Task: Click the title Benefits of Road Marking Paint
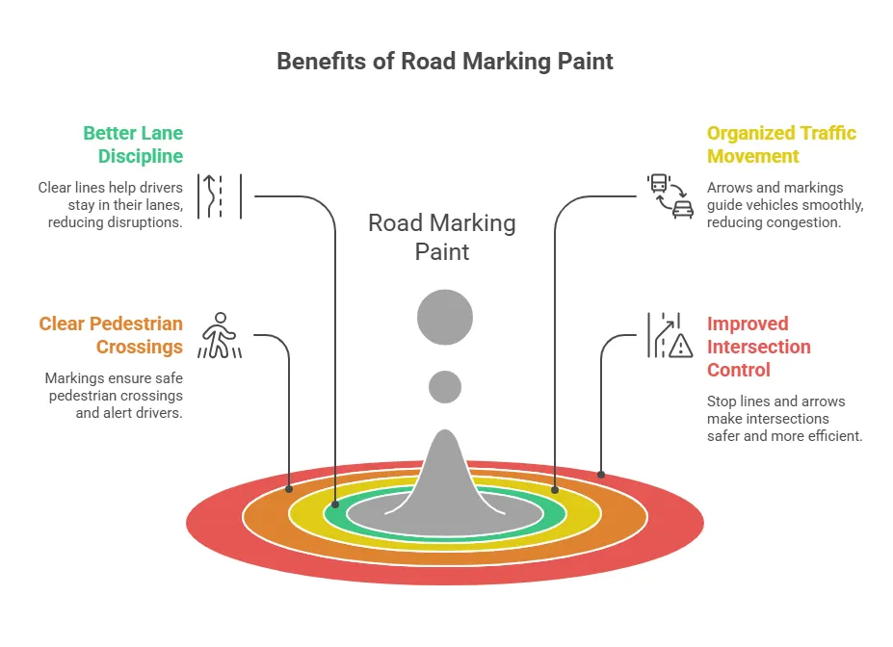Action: pos(445,62)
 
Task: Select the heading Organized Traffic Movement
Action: pos(781,144)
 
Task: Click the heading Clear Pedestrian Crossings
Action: pos(111,335)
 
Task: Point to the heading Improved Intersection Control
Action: pos(758,347)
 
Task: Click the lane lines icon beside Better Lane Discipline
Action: pos(219,196)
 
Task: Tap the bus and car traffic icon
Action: pos(670,196)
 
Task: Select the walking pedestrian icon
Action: pos(220,335)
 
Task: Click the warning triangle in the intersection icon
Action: pos(680,346)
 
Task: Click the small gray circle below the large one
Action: pos(444,387)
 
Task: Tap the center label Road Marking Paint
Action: pos(442,238)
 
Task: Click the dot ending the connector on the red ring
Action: pos(601,474)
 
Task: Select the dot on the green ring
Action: pos(335,504)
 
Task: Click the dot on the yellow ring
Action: pos(555,489)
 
